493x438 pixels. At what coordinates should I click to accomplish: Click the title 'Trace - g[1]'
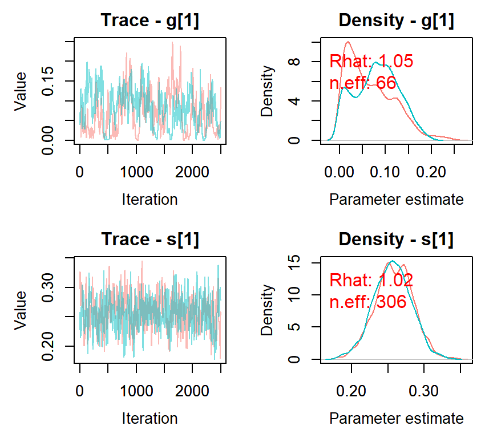(x=150, y=21)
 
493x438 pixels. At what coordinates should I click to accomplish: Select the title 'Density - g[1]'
(x=396, y=21)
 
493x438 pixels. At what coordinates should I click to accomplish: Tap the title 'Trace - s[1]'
(x=150, y=240)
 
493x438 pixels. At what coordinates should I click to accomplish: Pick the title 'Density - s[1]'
(x=396, y=240)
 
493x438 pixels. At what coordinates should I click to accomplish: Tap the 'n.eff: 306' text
(x=368, y=302)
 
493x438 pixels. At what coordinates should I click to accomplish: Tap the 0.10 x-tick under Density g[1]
(x=385, y=172)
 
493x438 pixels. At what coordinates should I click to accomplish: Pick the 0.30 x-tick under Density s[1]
(x=424, y=391)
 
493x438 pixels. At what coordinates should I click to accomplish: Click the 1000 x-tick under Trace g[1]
(x=136, y=172)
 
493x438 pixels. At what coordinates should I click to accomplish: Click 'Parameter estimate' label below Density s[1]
(x=396, y=419)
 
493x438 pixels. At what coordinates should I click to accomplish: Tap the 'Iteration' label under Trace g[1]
(x=150, y=200)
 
